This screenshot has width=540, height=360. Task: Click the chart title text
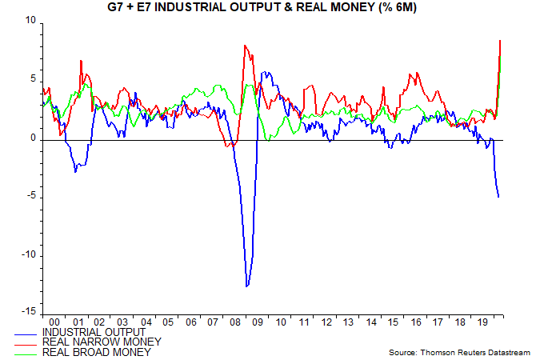pos(270,9)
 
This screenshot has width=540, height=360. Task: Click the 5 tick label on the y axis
pos(33,79)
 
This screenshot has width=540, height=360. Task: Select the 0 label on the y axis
pos(33,138)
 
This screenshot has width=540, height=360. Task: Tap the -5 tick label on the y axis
pos(31,197)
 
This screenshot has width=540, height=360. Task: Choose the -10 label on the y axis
pos(29,255)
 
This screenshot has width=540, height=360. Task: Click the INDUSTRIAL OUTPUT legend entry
pos(94,332)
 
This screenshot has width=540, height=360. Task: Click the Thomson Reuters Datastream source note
pos(458,352)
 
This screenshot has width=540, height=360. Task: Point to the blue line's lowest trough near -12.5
pos(246,286)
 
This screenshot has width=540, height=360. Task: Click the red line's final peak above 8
pos(500,40)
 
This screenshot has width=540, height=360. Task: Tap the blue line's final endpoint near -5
pos(499,197)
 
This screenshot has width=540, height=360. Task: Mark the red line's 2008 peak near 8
pos(244,46)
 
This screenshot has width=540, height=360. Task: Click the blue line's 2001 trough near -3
pos(75,171)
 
